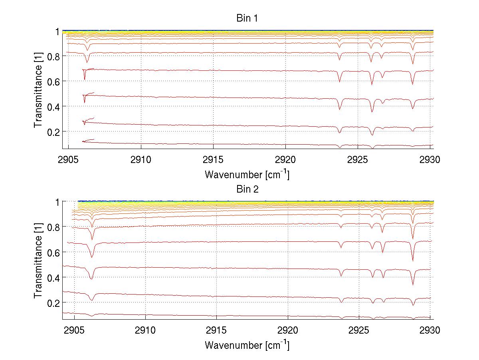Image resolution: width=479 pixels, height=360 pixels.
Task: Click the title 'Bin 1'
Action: point(247,18)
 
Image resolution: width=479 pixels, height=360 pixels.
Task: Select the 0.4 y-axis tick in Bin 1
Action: point(53,106)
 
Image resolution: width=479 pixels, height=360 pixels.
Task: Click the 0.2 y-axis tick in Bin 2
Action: point(53,303)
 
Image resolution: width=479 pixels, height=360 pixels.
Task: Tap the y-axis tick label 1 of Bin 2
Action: point(57,202)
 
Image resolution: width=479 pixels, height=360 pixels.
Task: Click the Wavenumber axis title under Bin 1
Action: point(247,174)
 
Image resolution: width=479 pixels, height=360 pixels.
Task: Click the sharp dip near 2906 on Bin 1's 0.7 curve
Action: point(84,79)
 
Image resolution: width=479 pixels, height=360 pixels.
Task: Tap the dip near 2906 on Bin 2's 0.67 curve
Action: point(92,257)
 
